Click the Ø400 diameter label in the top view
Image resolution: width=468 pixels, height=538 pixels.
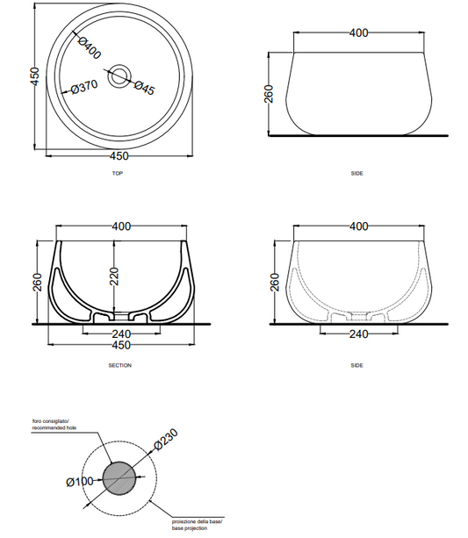(x=90, y=48)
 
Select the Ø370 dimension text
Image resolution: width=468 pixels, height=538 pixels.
(x=84, y=87)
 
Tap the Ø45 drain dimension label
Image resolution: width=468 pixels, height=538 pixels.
(x=145, y=88)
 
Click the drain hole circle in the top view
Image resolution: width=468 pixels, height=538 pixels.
(x=119, y=75)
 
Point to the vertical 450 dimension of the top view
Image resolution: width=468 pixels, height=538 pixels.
(x=35, y=76)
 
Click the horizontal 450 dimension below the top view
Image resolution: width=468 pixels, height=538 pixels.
(x=119, y=156)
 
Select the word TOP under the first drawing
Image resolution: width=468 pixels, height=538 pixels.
(x=118, y=174)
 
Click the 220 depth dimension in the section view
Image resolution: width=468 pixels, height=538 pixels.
(x=114, y=276)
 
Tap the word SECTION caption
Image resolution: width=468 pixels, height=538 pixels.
(x=119, y=366)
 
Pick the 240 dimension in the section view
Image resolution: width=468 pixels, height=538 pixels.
(x=121, y=334)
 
